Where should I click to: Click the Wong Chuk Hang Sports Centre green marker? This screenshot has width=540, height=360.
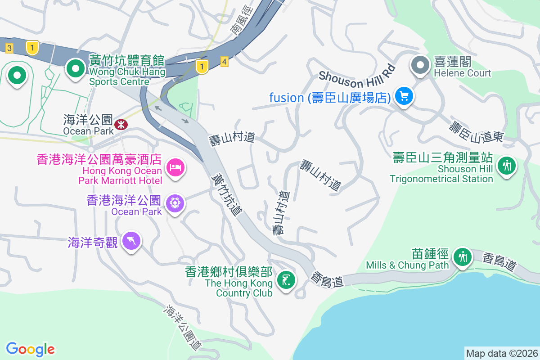click(x=76, y=69)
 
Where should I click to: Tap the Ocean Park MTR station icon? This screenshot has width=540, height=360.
click(x=121, y=124)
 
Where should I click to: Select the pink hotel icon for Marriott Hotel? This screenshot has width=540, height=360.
click(x=175, y=168)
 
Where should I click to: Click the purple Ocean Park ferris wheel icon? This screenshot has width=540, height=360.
click(x=175, y=203)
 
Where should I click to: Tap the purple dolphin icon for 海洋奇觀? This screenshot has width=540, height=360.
click(x=131, y=241)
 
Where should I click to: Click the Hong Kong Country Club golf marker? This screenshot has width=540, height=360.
click(x=287, y=280)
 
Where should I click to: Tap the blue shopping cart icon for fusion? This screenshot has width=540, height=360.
click(x=404, y=96)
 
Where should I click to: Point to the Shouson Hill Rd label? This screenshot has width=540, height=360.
click(x=357, y=76)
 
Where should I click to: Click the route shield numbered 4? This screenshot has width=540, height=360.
click(x=225, y=61)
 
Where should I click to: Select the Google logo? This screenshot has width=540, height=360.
click(x=31, y=349)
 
